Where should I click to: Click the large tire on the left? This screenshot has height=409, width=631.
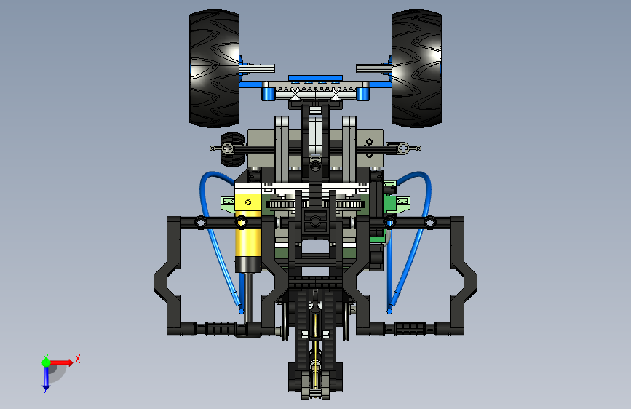coord(214,68)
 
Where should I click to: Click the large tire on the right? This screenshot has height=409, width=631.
coord(416,68)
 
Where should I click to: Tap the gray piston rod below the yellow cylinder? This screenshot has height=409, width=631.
coord(249,298)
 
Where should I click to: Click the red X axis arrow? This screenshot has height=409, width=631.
coord(61,362)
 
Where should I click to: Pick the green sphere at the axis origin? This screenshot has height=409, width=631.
coord(46,362)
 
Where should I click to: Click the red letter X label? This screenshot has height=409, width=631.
coord(78,359)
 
